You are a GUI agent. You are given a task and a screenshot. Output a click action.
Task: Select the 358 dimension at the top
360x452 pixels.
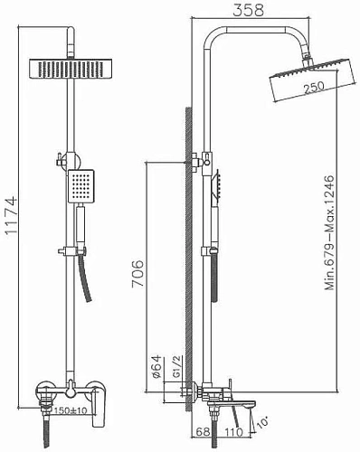[238, 11]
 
